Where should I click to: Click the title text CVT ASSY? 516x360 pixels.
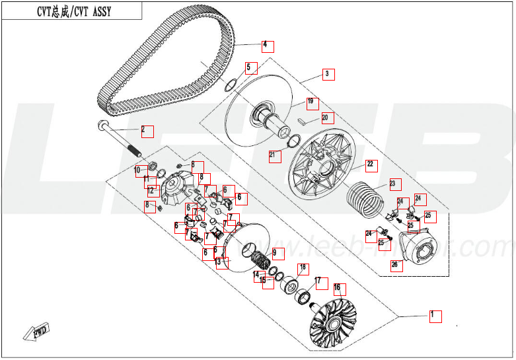click(x=71, y=10)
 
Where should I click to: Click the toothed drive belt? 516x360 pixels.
click(x=165, y=66)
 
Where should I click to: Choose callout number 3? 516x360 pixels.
click(x=327, y=74)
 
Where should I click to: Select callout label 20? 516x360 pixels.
click(x=325, y=118)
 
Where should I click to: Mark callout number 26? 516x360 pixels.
click(x=395, y=265)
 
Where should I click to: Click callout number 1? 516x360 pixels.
click(x=434, y=314)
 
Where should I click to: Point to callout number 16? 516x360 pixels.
click(x=337, y=287)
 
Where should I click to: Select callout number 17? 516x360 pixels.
click(x=319, y=281)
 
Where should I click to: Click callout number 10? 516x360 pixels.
click(x=139, y=170)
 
